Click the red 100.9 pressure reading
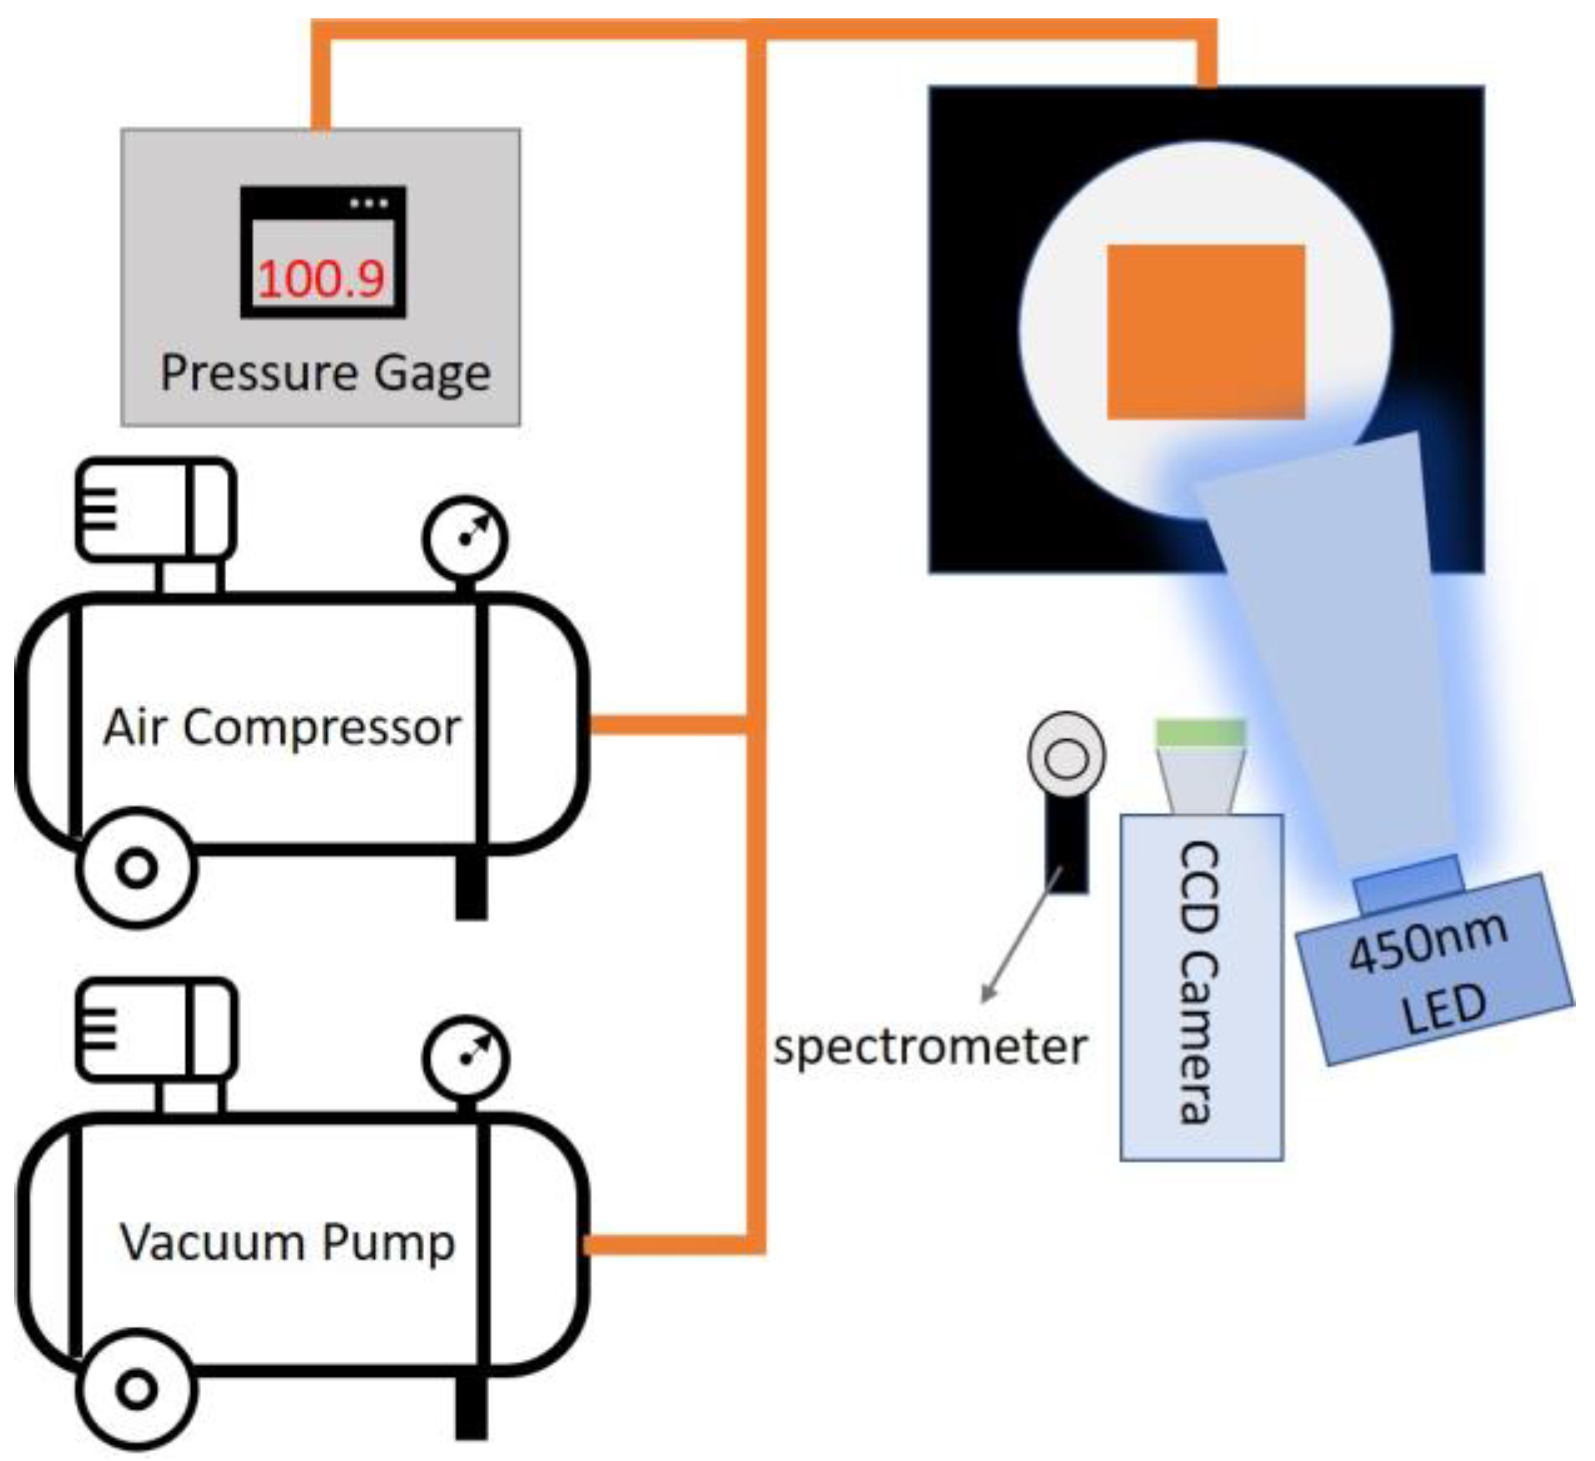click(321, 279)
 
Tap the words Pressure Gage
click(326, 373)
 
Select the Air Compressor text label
click(282, 728)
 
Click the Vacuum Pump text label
click(287, 1242)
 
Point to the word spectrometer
click(930, 1048)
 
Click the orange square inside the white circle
click(1205, 331)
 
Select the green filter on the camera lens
click(1200, 732)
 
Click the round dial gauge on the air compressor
click(466, 537)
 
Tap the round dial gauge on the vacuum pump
click(466, 1057)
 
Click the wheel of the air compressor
click(137, 868)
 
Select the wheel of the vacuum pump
click(137, 1389)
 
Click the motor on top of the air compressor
click(156, 509)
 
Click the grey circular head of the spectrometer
click(1066, 756)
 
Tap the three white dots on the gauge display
click(369, 203)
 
